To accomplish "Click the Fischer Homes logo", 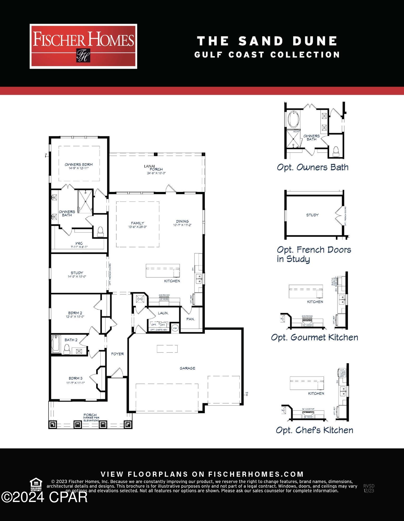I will click(83, 46).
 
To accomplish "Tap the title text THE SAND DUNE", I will click(267, 41).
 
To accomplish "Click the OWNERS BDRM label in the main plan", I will click(79, 165).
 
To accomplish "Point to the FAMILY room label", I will click(137, 223).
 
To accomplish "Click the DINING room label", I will click(182, 221).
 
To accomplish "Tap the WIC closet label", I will click(79, 243).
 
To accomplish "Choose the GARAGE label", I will click(187, 368).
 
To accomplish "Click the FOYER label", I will click(117, 354).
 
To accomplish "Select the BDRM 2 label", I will click(75, 313).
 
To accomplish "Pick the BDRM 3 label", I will click(75, 378).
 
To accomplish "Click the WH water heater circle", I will click(175, 328).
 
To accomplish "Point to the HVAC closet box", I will click(140, 299).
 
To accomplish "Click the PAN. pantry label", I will click(191, 319).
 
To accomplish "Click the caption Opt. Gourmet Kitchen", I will click(314, 337).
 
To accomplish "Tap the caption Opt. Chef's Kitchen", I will click(314, 430).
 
